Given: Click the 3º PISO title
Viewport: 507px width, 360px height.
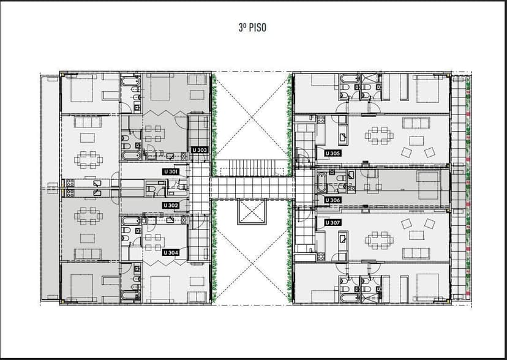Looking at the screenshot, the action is click(x=252, y=28).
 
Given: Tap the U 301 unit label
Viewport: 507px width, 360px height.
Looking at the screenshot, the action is click(x=171, y=171).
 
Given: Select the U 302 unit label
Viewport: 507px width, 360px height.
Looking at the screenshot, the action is click(x=171, y=205).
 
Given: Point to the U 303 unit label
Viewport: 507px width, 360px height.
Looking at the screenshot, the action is click(x=199, y=150).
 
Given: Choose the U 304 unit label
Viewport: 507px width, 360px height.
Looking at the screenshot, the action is click(x=171, y=253).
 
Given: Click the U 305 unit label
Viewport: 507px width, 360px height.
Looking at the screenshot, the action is click(x=332, y=153).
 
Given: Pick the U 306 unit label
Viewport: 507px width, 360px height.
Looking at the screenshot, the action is click(x=332, y=200).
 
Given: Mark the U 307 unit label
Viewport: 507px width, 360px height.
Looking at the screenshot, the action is click(x=332, y=223).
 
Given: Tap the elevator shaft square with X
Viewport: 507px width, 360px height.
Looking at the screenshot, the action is click(x=252, y=212).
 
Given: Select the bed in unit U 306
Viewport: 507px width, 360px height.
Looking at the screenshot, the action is click(x=429, y=185).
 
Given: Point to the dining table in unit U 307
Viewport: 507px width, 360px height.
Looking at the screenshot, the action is click(x=379, y=241).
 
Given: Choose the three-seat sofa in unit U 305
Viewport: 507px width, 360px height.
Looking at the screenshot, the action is click(x=416, y=123).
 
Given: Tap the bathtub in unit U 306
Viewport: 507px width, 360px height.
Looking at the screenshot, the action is click(x=321, y=182).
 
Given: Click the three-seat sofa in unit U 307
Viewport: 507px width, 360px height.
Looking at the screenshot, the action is click(x=416, y=253).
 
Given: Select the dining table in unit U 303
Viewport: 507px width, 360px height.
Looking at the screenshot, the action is click(x=153, y=134).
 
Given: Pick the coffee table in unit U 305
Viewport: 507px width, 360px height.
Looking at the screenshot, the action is click(x=416, y=141).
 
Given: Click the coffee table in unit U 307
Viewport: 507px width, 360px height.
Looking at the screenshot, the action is click(x=416, y=235).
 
